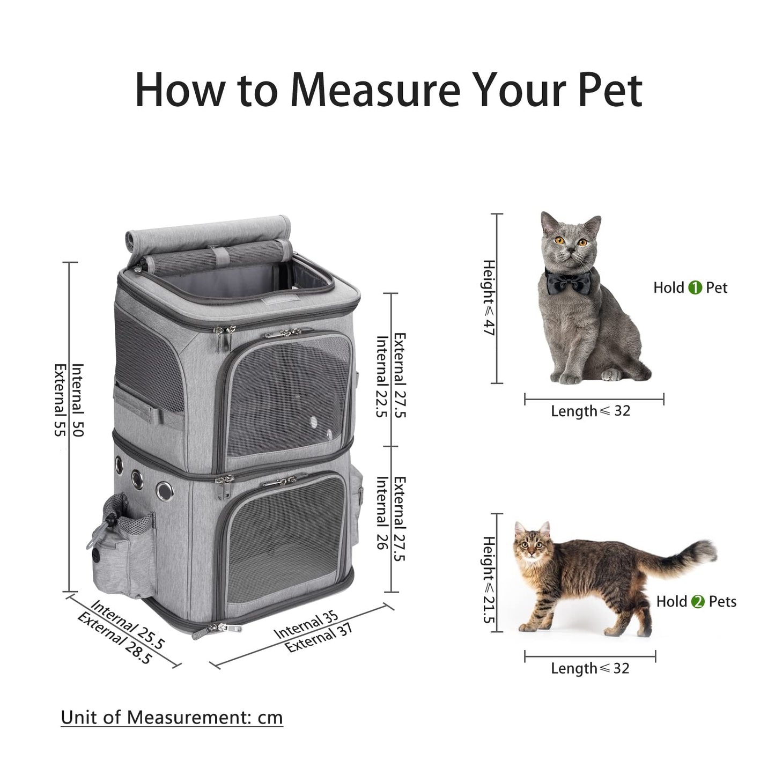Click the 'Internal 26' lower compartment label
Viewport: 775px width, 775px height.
pos(382,513)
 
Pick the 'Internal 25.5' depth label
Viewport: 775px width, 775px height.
pos(128,624)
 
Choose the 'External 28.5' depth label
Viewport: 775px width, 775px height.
pos(114,638)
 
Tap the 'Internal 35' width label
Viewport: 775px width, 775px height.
pos(306,625)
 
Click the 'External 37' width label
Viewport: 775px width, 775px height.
pos(319,639)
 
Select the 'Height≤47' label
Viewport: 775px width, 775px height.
pos(489,298)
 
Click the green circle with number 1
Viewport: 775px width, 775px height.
pos(695,288)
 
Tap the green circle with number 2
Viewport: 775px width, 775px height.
pos(698,602)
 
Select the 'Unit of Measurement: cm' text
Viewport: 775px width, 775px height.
pos(172,717)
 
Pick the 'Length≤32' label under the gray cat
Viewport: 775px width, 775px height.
pos(591,411)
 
